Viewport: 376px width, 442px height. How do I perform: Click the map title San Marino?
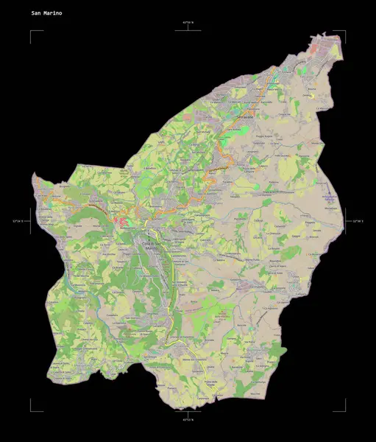point(46,13)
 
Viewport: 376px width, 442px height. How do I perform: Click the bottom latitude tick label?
point(188,419)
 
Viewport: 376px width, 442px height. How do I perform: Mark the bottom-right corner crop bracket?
point(343,408)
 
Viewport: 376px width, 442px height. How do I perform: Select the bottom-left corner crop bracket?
point(32,408)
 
